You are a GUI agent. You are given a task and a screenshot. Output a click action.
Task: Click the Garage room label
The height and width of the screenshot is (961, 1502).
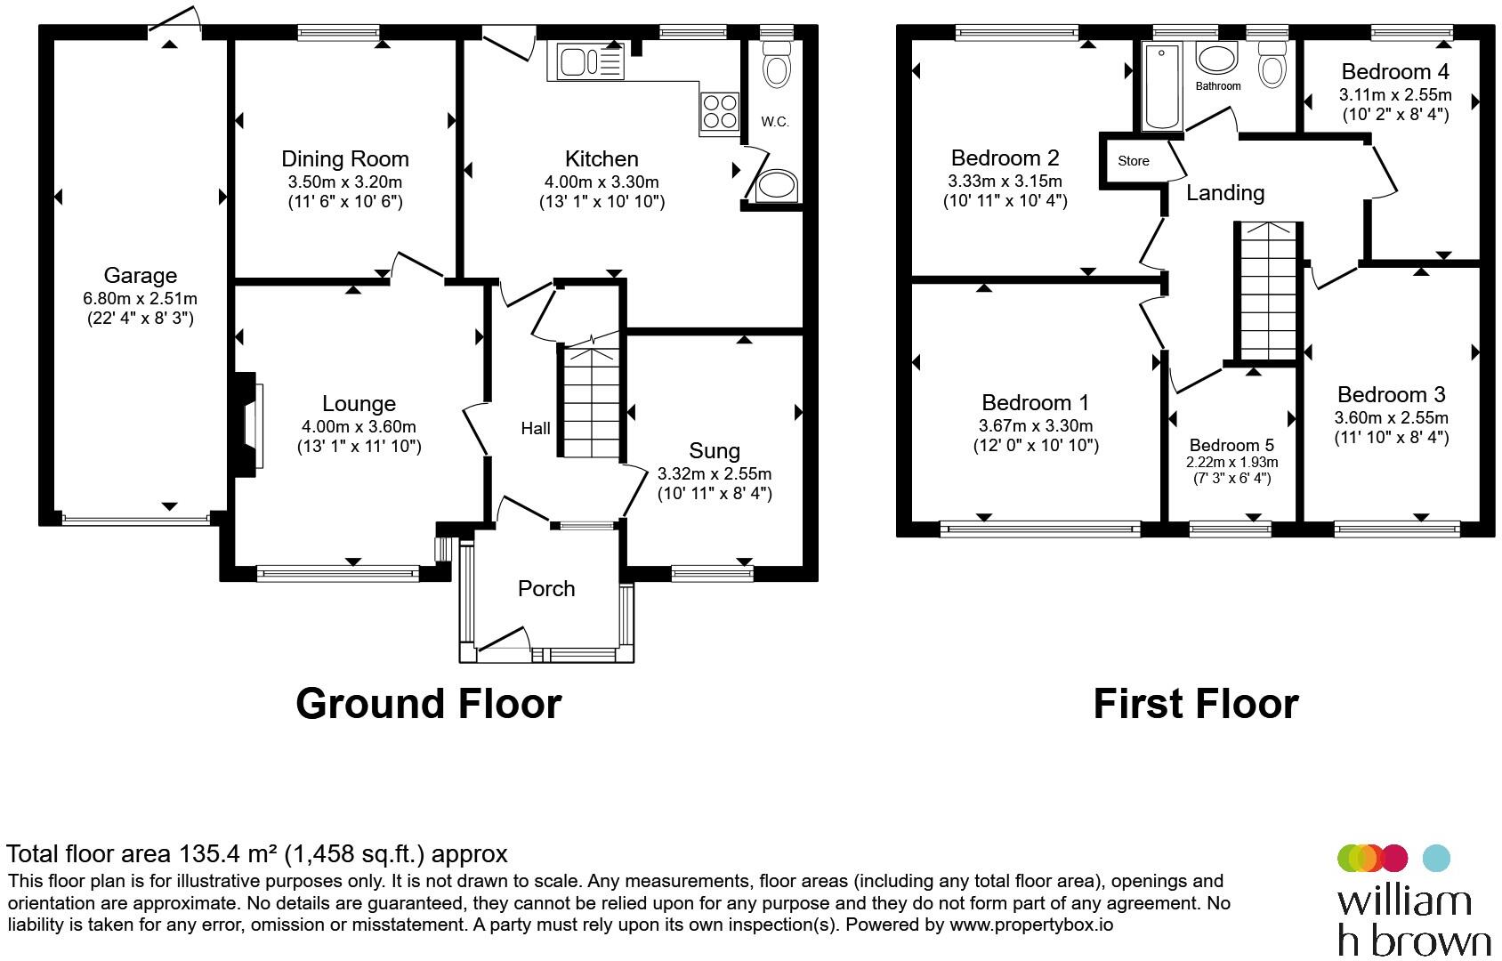(x=140, y=275)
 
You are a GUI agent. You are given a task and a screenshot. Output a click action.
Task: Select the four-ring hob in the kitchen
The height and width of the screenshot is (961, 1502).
(x=720, y=111)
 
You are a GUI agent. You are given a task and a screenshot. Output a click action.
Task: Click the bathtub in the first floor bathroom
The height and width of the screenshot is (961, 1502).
(x=1161, y=86)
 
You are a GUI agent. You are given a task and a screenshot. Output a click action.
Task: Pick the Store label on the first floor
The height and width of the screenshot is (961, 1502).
(x=1134, y=161)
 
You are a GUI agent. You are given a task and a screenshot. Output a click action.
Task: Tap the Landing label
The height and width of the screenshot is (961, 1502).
(x=1225, y=193)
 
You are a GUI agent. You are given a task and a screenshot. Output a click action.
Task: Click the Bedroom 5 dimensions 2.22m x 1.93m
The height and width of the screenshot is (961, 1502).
(x=1231, y=462)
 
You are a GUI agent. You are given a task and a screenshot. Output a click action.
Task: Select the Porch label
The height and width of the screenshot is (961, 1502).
(x=546, y=589)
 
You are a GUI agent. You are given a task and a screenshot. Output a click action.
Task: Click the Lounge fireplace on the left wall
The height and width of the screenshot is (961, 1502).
(x=246, y=425)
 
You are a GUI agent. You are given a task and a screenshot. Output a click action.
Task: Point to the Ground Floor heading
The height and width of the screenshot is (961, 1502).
(x=429, y=704)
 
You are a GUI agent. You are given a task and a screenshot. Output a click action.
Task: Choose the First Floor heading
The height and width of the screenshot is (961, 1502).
(x=1196, y=704)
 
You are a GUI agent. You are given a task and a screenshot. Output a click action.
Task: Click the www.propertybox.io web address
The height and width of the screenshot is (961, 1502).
(x=1031, y=925)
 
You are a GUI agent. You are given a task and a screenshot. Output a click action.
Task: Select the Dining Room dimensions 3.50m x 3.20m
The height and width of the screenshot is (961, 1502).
(x=345, y=182)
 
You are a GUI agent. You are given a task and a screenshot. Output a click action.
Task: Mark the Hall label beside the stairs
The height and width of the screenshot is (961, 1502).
(x=536, y=429)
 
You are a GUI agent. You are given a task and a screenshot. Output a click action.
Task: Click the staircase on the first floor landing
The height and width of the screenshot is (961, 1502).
(x=1268, y=292)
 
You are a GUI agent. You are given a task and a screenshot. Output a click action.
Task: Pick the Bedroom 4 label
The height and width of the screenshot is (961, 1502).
(x=1395, y=72)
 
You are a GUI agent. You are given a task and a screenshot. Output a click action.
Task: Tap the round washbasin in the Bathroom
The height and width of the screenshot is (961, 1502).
(x=1216, y=59)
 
